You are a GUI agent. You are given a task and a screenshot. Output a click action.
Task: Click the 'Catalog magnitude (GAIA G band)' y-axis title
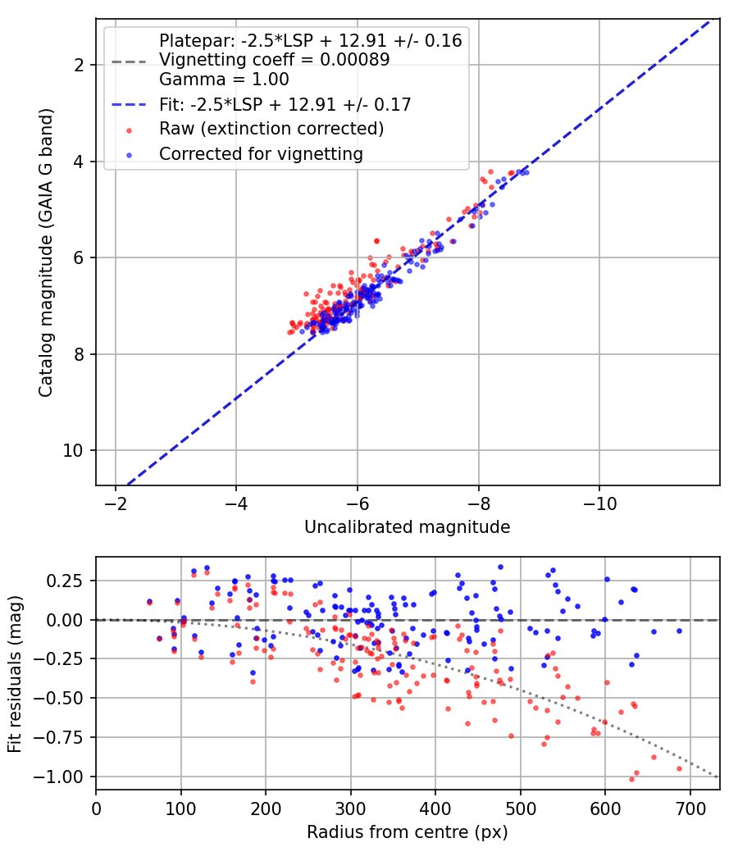[x=46, y=253]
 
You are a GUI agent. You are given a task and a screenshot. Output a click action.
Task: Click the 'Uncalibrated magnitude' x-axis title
[x=408, y=527]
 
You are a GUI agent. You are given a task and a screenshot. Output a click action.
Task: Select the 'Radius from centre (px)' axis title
[x=408, y=832]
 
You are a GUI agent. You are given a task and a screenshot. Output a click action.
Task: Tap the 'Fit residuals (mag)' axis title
[x=16, y=674]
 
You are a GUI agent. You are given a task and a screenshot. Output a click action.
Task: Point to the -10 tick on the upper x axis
[x=599, y=503]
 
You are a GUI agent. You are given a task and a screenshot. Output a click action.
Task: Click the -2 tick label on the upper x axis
[x=116, y=503]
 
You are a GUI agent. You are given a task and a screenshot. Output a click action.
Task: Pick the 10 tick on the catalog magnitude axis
[x=72, y=451]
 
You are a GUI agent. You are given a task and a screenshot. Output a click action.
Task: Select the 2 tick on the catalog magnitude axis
[x=79, y=65]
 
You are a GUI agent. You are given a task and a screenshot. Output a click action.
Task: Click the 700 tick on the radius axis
[x=690, y=809]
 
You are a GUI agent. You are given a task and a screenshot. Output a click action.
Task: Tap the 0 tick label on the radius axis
[x=96, y=809]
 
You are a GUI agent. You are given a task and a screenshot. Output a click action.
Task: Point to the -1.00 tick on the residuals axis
[x=58, y=777]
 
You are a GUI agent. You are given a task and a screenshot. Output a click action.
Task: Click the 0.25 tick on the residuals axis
[x=65, y=581]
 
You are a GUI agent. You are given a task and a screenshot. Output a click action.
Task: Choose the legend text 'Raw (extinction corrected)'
[x=271, y=129]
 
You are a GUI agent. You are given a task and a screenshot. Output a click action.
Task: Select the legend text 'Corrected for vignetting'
[x=262, y=154]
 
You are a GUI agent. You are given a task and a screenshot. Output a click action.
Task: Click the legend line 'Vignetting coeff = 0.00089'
[x=275, y=60]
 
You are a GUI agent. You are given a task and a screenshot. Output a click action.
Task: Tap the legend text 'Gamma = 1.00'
[x=224, y=80]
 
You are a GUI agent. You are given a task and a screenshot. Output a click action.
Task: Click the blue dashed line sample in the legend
[x=129, y=104]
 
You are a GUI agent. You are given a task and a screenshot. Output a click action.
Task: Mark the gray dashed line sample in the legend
[x=129, y=61]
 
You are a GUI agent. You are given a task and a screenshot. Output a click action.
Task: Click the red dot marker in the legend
[x=129, y=130]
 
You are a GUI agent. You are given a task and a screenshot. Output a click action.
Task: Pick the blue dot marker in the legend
[x=129, y=155]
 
